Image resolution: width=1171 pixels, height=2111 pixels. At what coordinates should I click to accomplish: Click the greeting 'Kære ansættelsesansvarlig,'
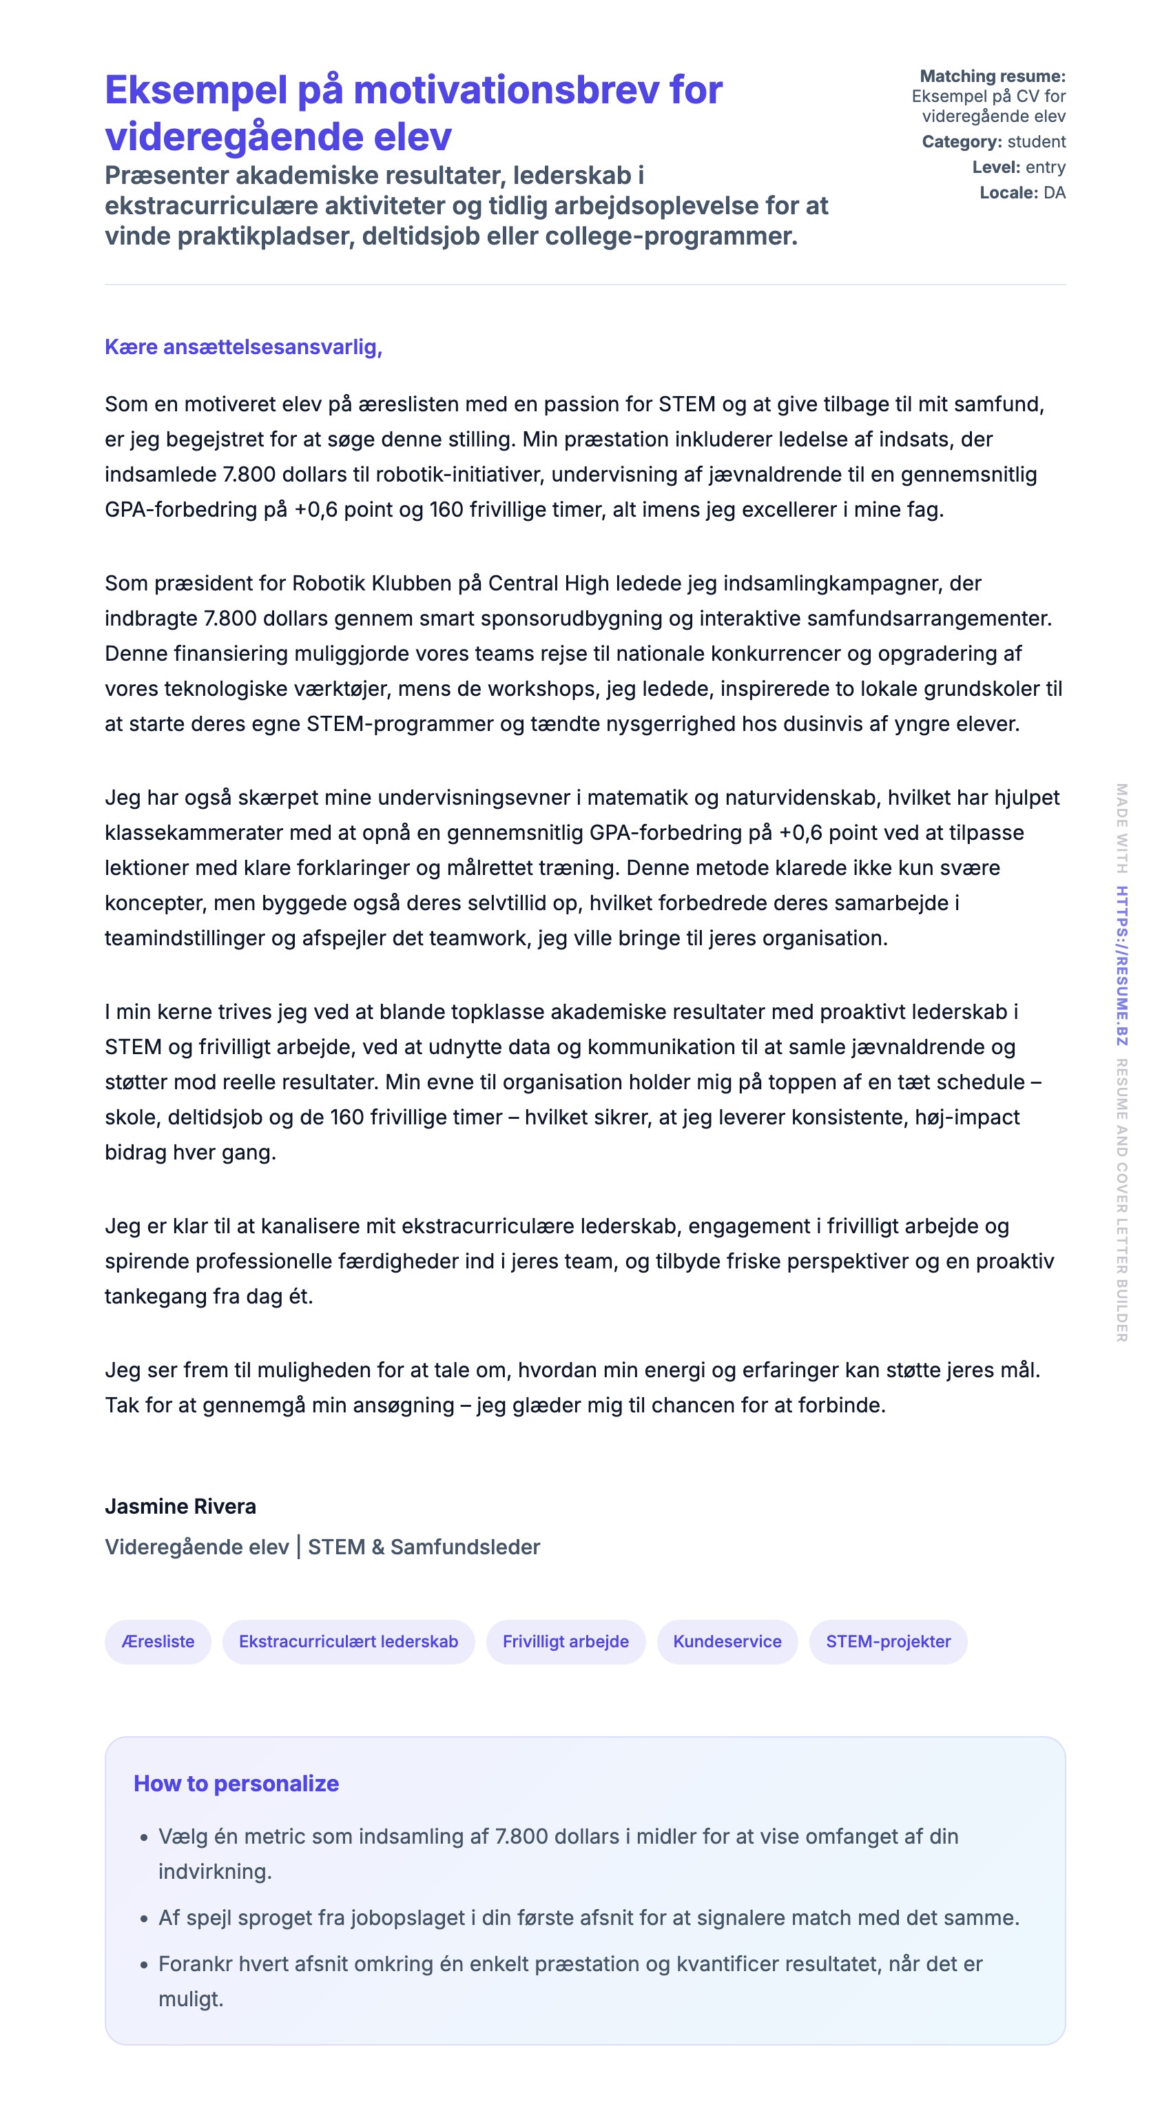[243, 347]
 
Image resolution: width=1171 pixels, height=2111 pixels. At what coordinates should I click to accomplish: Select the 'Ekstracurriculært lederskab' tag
[349, 1641]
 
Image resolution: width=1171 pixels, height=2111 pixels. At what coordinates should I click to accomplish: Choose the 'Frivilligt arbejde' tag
[566, 1641]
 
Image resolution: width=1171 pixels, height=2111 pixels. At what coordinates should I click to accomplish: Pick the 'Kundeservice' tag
[727, 1641]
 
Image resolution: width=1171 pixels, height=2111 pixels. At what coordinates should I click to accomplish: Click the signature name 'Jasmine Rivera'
[180, 1506]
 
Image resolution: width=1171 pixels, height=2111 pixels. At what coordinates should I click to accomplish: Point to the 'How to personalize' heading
[236, 1783]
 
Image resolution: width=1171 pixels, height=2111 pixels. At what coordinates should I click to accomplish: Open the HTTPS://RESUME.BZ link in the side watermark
[1122, 965]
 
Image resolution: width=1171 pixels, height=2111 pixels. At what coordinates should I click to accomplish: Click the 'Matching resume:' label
[993, 76]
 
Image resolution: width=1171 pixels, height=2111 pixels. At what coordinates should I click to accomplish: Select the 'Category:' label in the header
[961, 142]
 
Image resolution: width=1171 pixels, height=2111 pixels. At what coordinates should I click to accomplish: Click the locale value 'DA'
[1054, 193]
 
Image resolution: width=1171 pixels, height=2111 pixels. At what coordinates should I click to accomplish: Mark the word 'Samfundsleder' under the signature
[465, 1547]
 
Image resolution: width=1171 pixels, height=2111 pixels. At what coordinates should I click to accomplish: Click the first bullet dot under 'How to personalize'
[144, 1838]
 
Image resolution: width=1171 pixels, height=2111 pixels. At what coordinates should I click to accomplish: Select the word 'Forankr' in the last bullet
[195, 1964]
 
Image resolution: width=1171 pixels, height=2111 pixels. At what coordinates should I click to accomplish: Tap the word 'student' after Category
[1036, 142]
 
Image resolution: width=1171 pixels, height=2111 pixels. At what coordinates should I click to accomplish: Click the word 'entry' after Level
[1045, 167]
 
